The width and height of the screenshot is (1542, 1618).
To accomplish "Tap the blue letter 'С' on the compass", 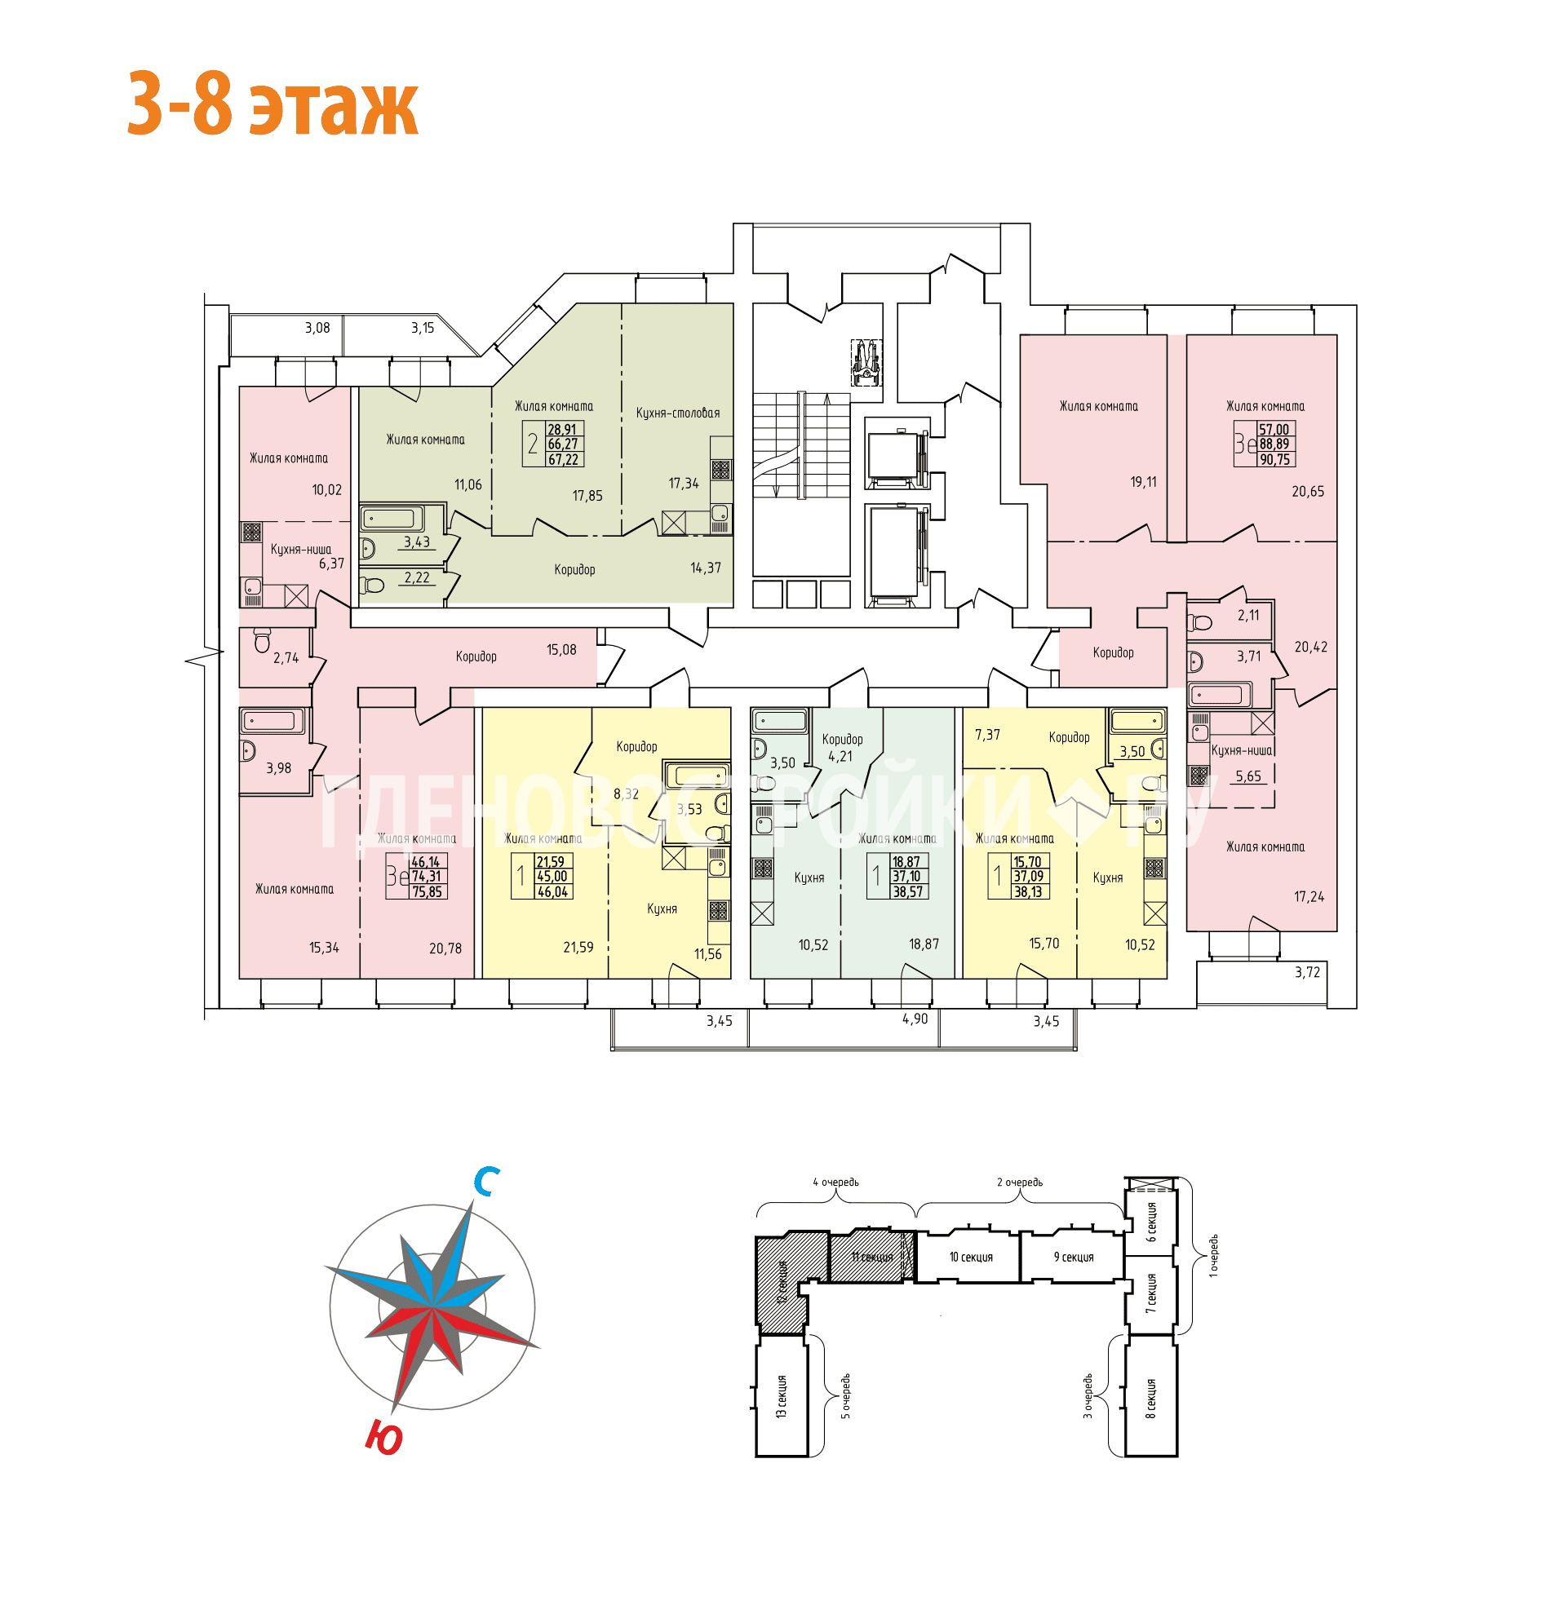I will (485, 1182).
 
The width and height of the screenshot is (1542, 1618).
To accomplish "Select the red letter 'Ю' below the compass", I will (383, 1437).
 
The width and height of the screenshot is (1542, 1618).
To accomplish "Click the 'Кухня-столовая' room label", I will (677, 413).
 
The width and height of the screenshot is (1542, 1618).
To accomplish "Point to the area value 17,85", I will (587, 496).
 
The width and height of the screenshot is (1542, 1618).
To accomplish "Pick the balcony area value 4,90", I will (914, 1019).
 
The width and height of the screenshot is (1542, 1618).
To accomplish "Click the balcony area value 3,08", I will (317, 328).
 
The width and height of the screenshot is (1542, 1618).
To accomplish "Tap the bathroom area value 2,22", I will (417, 577).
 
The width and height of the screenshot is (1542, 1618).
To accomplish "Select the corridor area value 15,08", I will (561, 650).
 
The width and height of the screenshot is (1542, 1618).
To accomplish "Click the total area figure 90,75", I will (1274, 460).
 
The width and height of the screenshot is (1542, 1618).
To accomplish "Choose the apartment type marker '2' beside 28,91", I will (533, 444).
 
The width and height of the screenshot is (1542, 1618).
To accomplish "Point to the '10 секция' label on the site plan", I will (971, 1258).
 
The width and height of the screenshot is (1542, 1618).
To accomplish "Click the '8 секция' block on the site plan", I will (1150, 1398).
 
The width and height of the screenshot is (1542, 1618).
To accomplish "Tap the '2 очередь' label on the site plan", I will (1019, 1183).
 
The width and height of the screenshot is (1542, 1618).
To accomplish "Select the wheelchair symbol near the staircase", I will (866, 362).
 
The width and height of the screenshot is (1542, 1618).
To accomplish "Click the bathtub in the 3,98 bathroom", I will (270, 722).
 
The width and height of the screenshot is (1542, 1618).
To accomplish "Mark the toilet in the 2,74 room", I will (262, 639).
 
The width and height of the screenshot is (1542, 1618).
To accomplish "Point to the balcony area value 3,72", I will (1307, 972).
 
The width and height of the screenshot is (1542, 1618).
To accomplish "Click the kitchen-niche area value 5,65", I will (1247, 776).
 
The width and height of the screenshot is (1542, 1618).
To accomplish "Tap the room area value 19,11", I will (1142, 482).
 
